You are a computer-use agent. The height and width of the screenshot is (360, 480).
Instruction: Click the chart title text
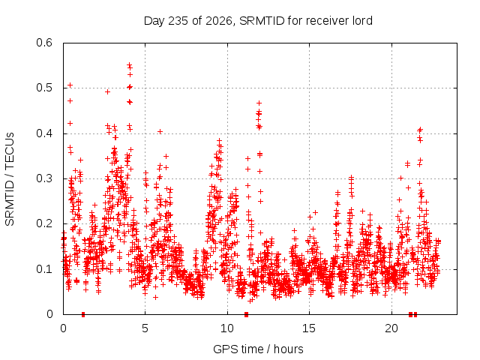coord(258,21)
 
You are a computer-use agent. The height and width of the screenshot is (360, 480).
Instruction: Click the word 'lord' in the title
coord(362,20)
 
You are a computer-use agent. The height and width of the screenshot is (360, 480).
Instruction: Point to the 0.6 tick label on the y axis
coord(44,43)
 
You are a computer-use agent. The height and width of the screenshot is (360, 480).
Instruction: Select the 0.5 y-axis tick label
coord(44,88)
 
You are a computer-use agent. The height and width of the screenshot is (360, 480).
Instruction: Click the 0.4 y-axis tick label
coord(44,133)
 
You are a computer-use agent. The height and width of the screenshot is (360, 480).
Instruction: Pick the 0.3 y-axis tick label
coord(44,178)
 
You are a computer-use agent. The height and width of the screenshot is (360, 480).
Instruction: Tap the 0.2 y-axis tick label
coord(44,223)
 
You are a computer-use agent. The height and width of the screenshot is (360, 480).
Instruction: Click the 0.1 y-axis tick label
coord(44,269)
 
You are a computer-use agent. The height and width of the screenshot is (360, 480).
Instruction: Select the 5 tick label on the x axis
coord(145,328)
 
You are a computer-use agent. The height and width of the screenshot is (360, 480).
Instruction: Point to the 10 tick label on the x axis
coord(227,328)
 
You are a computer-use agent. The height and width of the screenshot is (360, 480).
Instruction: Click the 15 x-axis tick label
coord(309,328)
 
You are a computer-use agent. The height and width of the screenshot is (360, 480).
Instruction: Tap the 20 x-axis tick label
coord(391,328)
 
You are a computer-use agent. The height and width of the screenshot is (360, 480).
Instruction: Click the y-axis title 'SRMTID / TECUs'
coord(10,179)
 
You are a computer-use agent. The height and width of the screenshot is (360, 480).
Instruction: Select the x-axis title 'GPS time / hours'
coord(258,349)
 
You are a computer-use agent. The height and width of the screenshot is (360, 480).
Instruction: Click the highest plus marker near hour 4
coord(130,64)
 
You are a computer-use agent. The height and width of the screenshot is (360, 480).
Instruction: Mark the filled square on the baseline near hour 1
coord(83,314)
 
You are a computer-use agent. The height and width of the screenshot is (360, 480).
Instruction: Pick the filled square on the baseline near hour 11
coord(246,314)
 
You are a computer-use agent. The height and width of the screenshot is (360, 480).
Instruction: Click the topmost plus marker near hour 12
coord(259,103)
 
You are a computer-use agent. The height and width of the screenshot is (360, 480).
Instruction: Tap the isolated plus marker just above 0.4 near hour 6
coord(160,132)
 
